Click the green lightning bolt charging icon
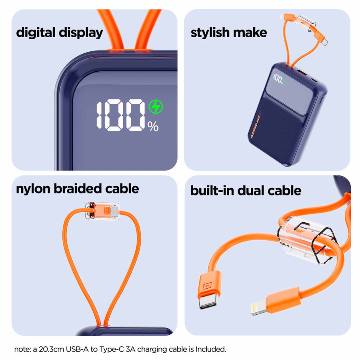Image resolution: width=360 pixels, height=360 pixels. pyautogui.click(x=156, y=107)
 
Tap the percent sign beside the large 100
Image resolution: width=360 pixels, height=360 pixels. pyautogui.click(x=153, y=127)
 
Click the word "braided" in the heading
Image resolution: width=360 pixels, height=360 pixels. pyautogui.click(x=78, y=189)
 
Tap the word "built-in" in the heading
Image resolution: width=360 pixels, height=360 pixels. pyautogui.click(x=212, y=191)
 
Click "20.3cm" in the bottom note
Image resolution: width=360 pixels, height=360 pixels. pyautogui.click(x=51, y=349)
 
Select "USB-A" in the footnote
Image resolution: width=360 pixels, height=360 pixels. pyautogui.click(x=77, y=349)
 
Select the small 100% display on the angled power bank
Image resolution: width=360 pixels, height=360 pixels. pyautogui.click(x=278, y=79)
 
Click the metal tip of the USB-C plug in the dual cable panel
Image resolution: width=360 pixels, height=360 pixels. pyautogui.click(x=208, y=302)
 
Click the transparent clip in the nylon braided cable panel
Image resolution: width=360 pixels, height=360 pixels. pyautogui.click(x=102, y=211)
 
